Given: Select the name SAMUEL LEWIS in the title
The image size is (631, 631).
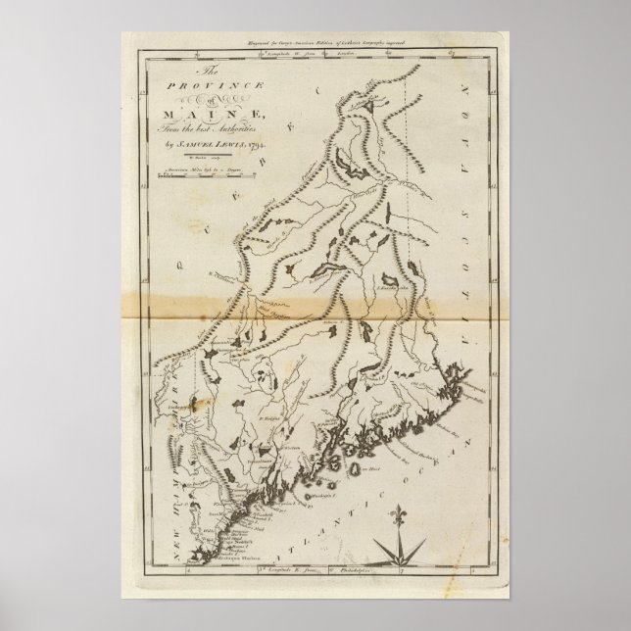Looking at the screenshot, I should pyautogui.click(x=211, y=145).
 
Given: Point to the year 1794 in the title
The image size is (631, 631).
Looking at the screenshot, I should pyautogui.click(x=256, y=145).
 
